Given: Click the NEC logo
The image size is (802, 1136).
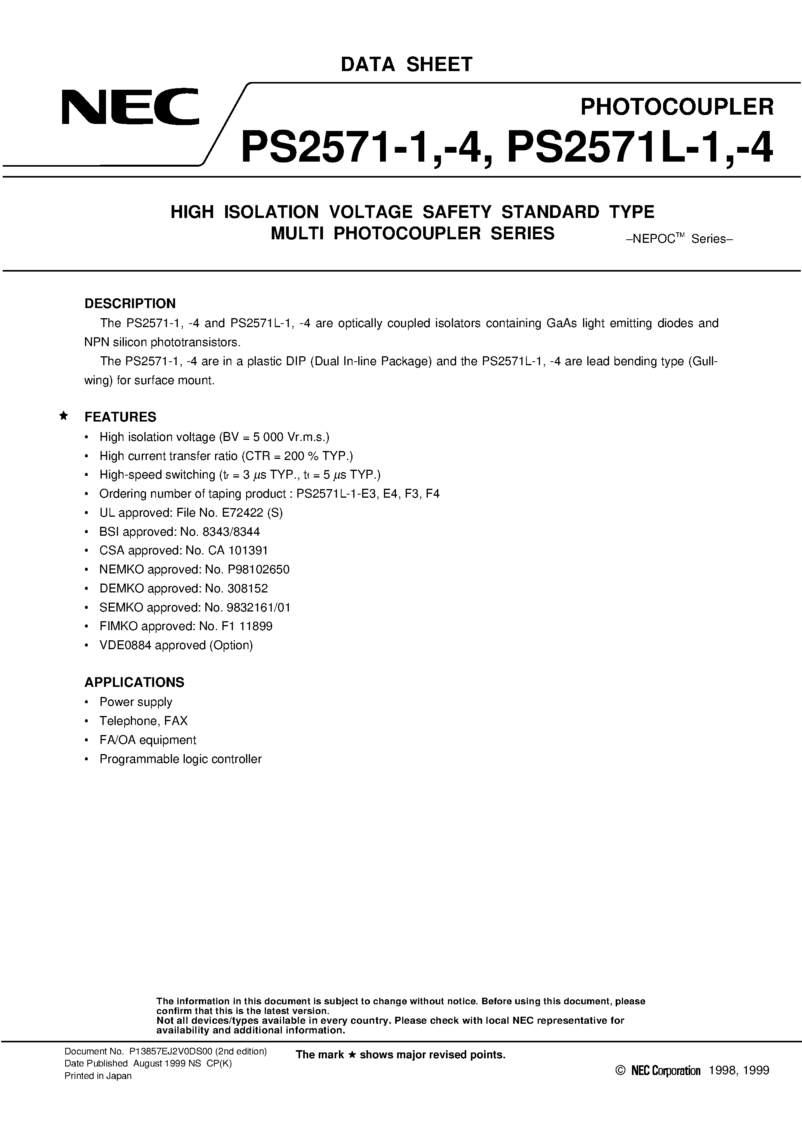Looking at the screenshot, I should [x=130, y=106].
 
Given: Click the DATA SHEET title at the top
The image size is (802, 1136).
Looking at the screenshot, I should [x=406, y=64].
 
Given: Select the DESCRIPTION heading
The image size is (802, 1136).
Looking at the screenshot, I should [x=130, y=303].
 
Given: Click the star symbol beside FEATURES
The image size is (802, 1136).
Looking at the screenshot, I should [x=63, y=416].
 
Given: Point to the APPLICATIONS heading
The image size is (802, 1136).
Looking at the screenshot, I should [x=134, y=682].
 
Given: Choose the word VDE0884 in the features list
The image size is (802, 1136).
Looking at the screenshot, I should [x=125, y=645].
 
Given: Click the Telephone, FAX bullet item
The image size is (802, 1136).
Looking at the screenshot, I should [x=143, y=721].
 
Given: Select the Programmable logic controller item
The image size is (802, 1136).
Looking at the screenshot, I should [x=181, y=759].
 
